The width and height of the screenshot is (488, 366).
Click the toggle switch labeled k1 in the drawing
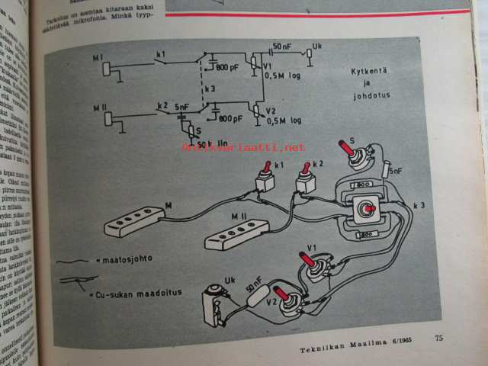(264, 180)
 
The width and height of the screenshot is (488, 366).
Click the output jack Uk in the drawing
(213, 300)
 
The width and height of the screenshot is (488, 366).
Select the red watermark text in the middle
(243, 147)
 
